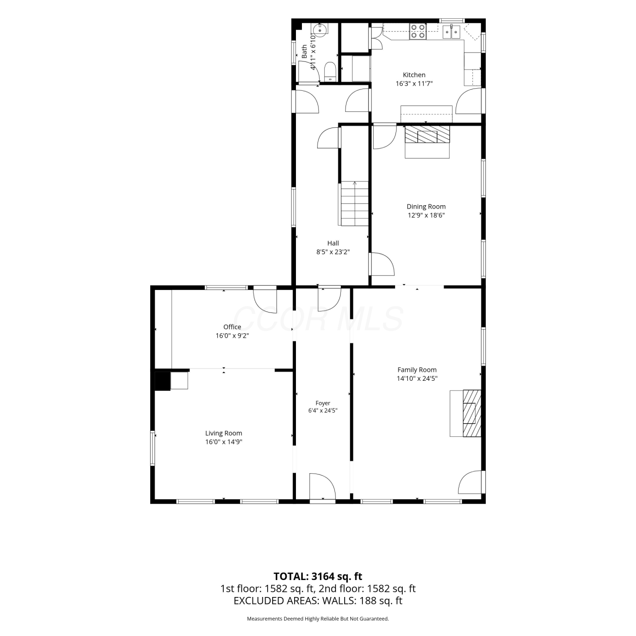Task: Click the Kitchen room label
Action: [414, 75]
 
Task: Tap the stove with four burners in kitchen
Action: [418, 31]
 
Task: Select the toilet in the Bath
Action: [330, 72]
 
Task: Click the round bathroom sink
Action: [319, 29]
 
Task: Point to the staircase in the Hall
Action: [354, 204]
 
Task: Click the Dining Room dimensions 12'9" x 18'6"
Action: [426, 215]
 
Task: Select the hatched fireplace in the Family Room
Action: [472, 413]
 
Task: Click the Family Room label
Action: [417, 370]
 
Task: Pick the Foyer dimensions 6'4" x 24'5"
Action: [323, 410]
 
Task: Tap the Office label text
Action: [232, 327]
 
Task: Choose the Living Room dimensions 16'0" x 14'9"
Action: [223, 442]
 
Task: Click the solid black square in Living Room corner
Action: [162, 381]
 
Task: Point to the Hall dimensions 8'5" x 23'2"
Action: [333, 252]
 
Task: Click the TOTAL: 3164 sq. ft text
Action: [318, 576]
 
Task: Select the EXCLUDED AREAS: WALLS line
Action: [318, 601]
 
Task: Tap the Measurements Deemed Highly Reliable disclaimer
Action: [318, 619]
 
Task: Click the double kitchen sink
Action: [451, 31]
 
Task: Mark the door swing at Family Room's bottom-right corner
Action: [470, 482]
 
